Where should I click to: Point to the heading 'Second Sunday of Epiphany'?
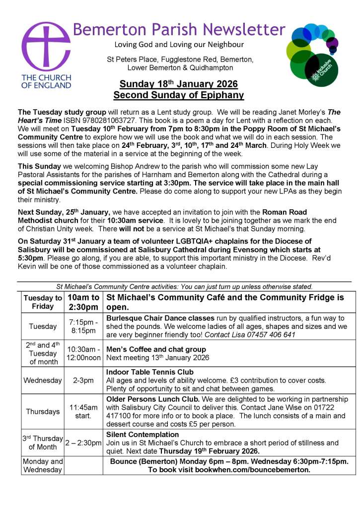[179, 95]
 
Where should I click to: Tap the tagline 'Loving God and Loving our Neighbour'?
[179, 45]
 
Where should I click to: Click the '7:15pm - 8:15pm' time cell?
[83, 326]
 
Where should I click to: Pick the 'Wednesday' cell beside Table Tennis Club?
[43, 381]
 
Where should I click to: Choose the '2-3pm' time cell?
[83, 381]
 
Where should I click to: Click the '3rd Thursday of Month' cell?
[43, 443]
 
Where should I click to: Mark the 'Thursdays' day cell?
[43, 411]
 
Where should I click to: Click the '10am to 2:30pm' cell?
[83, 302]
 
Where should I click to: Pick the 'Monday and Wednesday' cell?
[43, 465]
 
